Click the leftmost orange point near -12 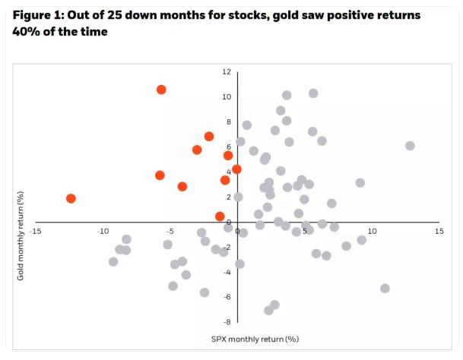71,198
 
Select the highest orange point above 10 161,90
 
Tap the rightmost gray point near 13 410,145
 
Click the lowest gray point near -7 268,310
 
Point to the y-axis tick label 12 227,72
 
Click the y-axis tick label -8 227,322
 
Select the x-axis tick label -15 36,231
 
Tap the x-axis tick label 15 439,231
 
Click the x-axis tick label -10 103,231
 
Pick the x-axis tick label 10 372,231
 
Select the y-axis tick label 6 227,147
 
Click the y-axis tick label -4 227,272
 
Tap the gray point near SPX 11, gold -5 385,289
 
